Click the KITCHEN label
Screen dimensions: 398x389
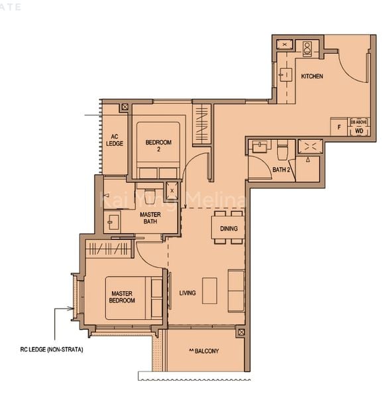(x=312, y=77)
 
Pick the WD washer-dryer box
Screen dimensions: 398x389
(x=359, y=131)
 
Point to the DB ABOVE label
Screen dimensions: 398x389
(x=359, y=123)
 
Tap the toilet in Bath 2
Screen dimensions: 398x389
(x=282, y=150)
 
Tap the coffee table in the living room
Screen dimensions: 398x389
(x=210, y=290)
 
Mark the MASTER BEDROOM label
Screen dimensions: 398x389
(x=122, y=297)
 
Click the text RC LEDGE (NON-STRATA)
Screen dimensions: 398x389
(x=52, y=349)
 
